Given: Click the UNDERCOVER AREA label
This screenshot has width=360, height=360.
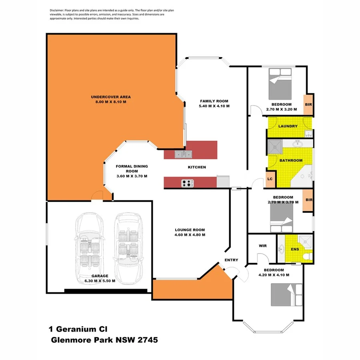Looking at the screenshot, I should point(110,97).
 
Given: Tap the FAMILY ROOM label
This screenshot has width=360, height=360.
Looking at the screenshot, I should point(214,101).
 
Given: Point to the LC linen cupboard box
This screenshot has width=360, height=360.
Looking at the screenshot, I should point(270,179).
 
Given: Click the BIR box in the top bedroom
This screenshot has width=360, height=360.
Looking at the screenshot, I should point(308,105).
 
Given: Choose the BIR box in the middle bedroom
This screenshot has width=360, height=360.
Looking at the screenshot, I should point(308,200).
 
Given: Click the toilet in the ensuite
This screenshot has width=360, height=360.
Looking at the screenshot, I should point(306,256).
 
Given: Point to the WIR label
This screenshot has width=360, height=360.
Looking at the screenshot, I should point(262,246).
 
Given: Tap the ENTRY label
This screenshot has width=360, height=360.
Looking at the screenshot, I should point(231,260).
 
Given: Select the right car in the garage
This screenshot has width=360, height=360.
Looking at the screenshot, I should point(128,246).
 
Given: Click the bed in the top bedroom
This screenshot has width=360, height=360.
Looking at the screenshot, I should point(280,84).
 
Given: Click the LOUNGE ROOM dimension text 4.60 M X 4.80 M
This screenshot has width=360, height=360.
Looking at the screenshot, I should point(190,235).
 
